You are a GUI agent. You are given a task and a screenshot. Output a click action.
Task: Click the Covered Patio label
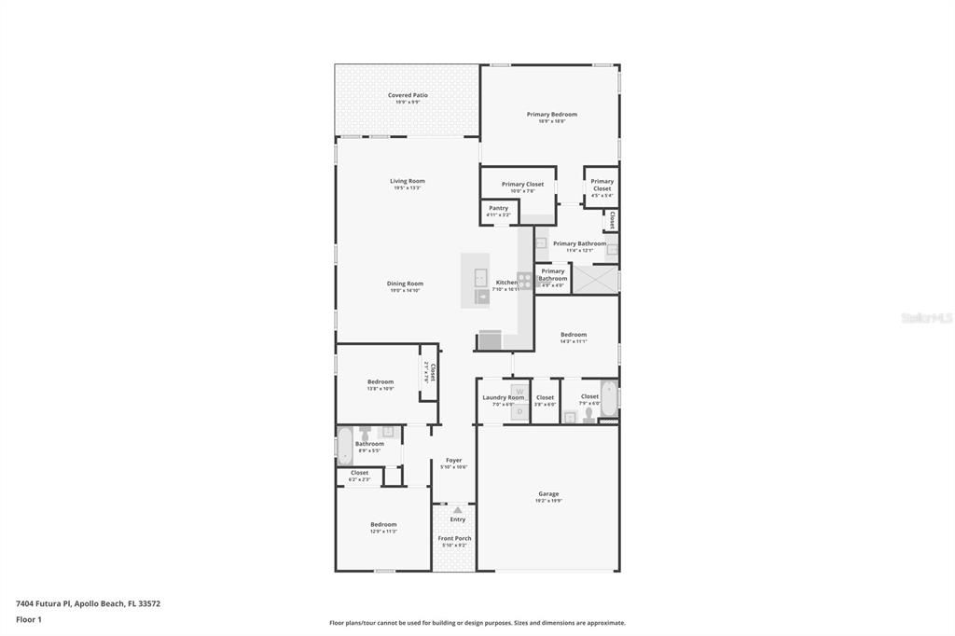[408, 95]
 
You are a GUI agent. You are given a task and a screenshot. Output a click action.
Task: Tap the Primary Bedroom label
[551, 115]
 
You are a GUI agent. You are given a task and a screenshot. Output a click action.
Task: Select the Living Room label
[407, 181]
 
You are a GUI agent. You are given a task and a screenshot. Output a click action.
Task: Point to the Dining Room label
[405, 283]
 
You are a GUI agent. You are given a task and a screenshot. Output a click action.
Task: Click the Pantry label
[498, 208]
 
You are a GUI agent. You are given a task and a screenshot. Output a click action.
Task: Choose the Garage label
[547, 493]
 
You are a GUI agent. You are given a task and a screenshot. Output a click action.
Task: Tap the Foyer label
[453, 460]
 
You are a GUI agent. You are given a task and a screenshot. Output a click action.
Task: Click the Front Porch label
[454, 538]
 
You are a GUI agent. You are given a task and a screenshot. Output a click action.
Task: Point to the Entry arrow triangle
[457, 510]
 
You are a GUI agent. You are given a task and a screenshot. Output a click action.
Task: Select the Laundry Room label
[503, 397]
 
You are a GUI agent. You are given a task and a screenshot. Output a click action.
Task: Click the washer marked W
[519, 393]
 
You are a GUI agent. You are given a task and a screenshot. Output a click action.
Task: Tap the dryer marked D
[519, 409]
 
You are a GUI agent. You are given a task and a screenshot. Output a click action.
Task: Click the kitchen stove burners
[524, 280]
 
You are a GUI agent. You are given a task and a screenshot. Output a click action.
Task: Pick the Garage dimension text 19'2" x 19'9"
[547, 501]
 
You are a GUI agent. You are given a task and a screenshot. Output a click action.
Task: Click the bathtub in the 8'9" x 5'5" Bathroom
[344, 447]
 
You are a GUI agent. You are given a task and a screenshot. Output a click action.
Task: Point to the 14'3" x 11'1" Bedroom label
[574, 335]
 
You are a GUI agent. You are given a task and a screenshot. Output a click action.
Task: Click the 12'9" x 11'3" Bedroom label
[383, 524]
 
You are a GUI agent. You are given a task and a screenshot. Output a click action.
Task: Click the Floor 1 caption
[28, 619]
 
